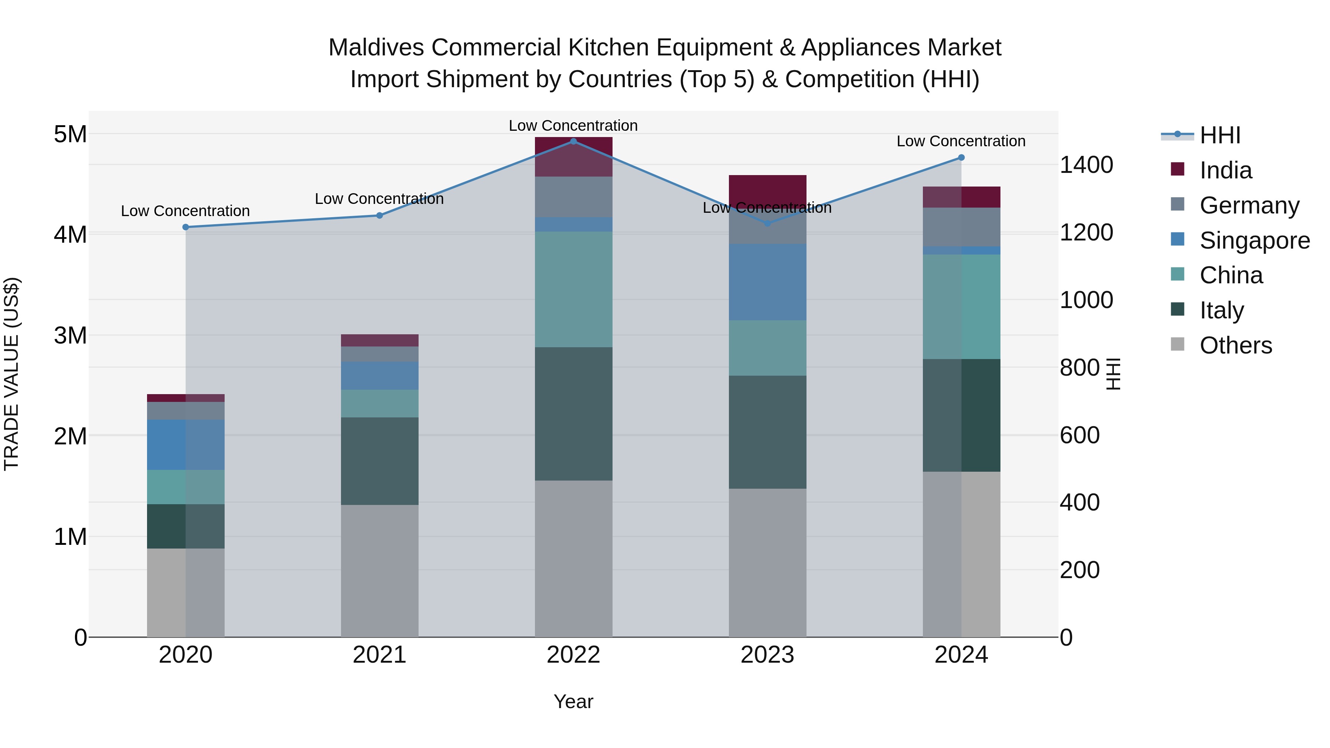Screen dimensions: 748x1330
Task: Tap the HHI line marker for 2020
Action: [186, 227]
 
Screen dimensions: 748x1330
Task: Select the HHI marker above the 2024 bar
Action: [961, 157]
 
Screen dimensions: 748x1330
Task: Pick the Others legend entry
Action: [1235, 345]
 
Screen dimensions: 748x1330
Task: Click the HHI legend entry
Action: [1220, 135]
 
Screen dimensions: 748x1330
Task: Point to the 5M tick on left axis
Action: [70, 134]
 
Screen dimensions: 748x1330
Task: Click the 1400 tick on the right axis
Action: [1086, 165]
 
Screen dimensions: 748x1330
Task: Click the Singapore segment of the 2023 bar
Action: [767, 281]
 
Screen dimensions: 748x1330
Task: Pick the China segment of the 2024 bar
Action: [961, 306]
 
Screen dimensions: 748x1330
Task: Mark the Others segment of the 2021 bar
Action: [379, 570]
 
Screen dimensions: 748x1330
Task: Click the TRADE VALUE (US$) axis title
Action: [11, 374]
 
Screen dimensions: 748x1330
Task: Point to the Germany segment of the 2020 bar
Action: [186, 410]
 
